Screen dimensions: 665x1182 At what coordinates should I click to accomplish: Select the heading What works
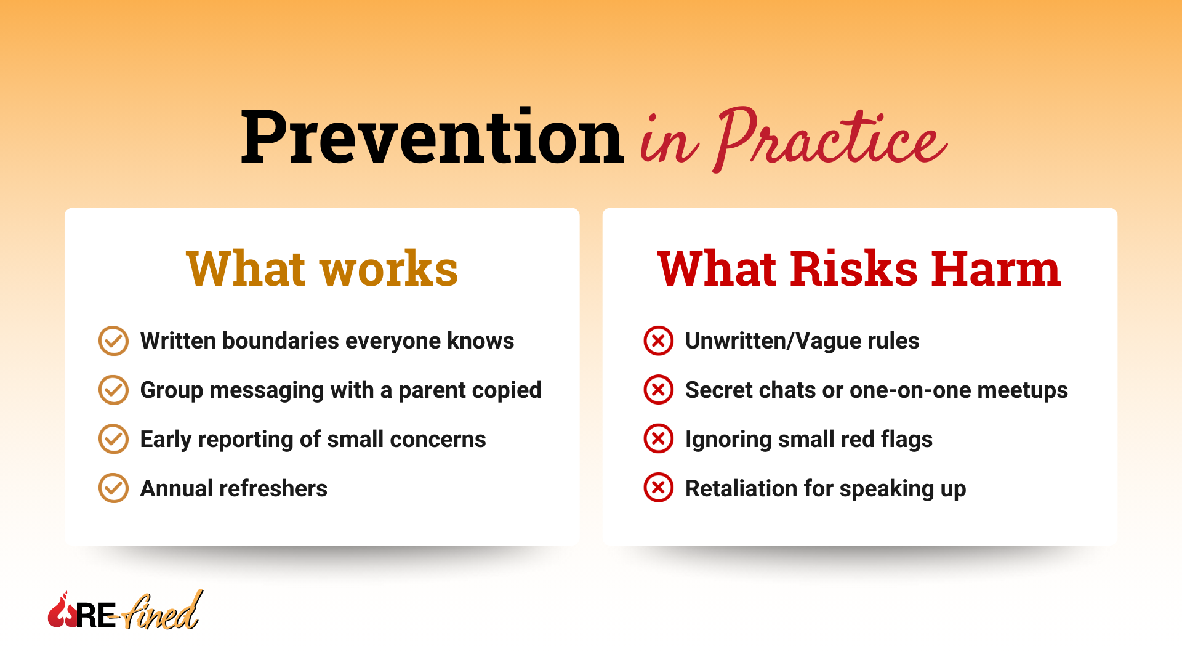click(x=322, y=269)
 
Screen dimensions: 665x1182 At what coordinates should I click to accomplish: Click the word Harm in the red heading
click(x=995, y=269)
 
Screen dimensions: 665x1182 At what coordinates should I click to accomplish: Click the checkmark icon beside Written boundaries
click(x=113, y=341)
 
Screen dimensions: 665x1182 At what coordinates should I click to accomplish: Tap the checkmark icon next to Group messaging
click(x=113, y=390)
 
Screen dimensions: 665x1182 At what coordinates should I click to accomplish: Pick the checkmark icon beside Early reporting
click(x=113, y=439)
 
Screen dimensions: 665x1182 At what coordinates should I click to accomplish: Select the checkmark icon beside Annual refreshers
click(x=113, y=488)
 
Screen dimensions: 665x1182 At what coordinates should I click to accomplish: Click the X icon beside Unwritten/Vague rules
click(x=658, y=341)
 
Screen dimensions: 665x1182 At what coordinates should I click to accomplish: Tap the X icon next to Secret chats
click(x=658, y=390)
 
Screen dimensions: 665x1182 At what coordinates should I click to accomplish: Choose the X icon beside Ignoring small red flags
click(x=658, y=439)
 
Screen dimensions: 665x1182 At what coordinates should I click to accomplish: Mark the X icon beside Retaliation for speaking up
click(x=658, y=488)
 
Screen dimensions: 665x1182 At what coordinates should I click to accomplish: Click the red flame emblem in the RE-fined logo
click(x=62, y=612)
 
